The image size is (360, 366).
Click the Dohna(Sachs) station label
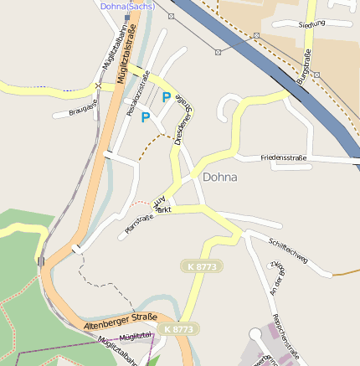[x=127, y=5]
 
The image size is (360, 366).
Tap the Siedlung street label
[x=311, y=25]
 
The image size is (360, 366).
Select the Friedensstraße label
[x=284, y=157]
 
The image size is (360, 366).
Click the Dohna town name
[x=219, y=178]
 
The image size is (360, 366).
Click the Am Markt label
[x=162, y=205]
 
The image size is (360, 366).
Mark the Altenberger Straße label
[x=121, y=320]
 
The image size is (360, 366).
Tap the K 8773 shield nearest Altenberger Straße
[x=179, y=329]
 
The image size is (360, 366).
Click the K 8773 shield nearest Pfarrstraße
[x=202, y=265]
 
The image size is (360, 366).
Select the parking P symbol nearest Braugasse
[x=146, y=117]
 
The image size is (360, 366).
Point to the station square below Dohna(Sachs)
[x=127, y=17]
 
